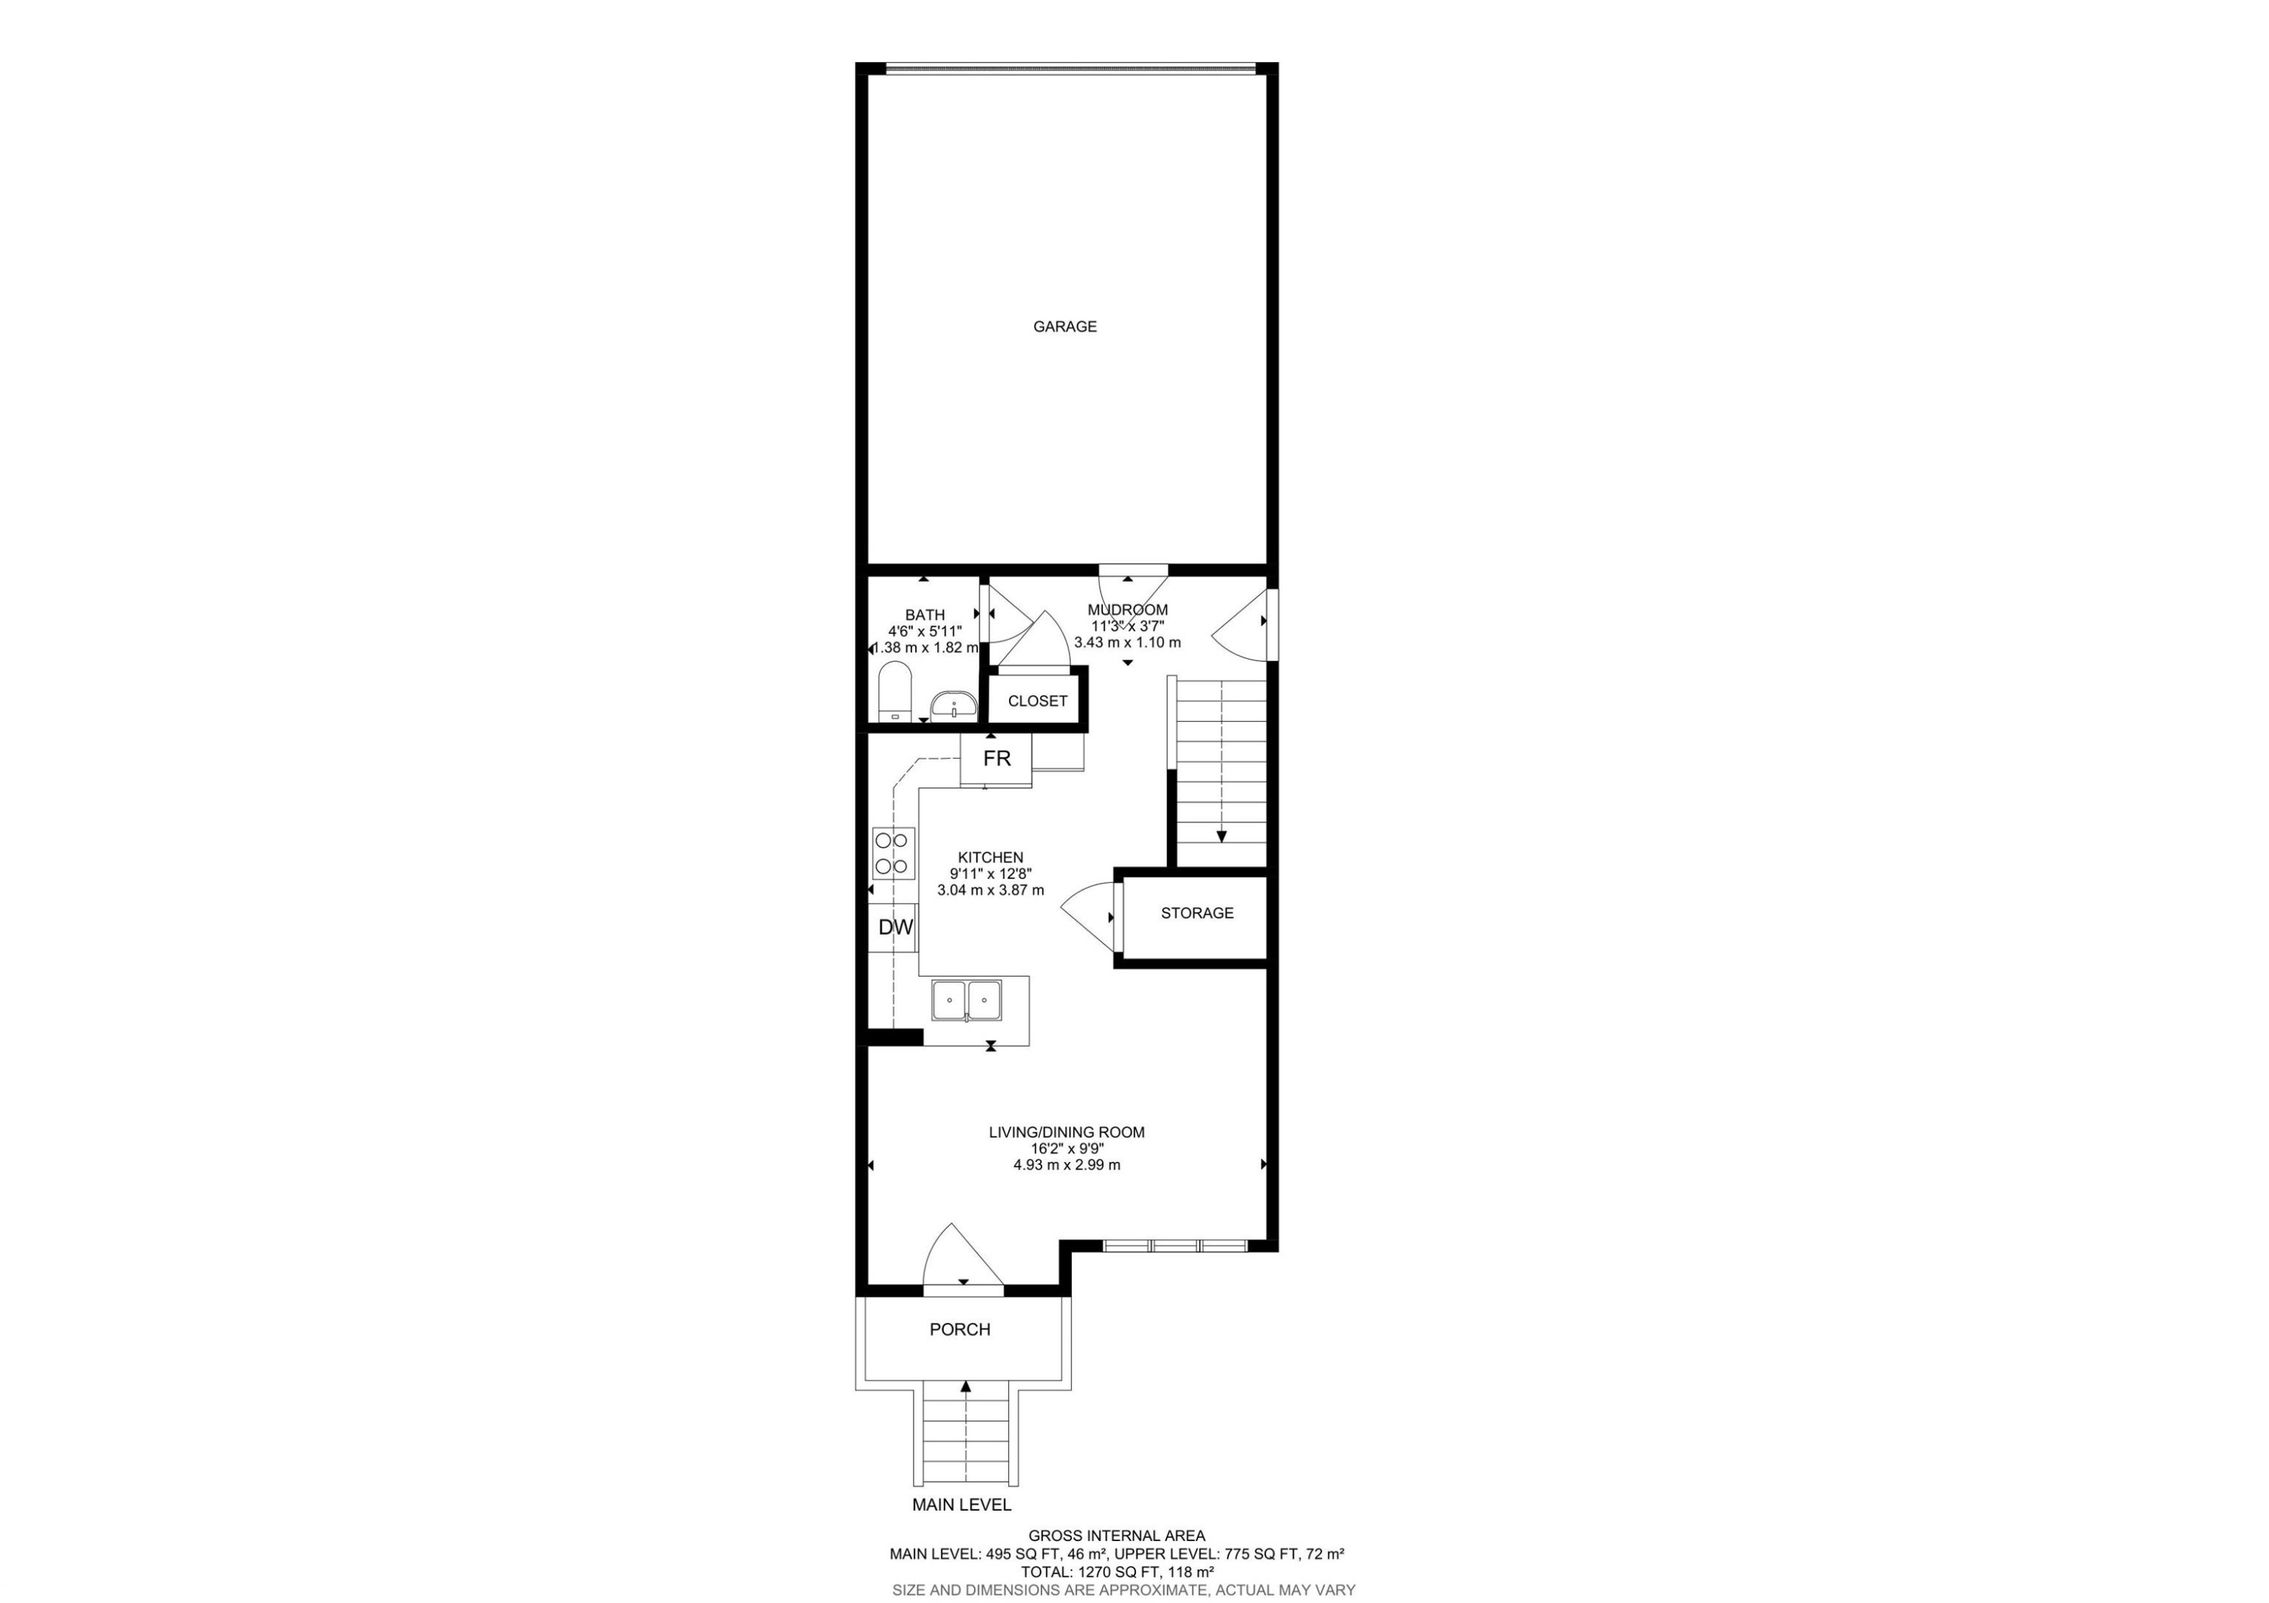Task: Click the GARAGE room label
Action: pyautogui.click(x=1064, y=326)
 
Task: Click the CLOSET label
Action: pyautogui.click(x=1037, y=701)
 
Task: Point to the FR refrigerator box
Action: pyautogui.click(x=996, y=759)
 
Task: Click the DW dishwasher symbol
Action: pyautogui.click(x=895, y=927)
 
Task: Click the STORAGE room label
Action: pyautogui.click(x=1197, y=913)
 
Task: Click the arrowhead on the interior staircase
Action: pyautogui.click(x=1221, y=836)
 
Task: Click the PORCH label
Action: pyautogui.click(x=960, y=1329)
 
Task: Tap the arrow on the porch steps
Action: pyautogui.click(x=966, y=1387)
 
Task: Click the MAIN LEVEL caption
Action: pyautogui.click(x=961, y=1533)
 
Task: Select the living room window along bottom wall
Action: pyautogui.click(x=1175, y=1245)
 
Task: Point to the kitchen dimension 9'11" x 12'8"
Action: pyautogui.click(x=990, y=874)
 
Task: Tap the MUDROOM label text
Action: pyautogui.click(x=1128, y=610)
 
